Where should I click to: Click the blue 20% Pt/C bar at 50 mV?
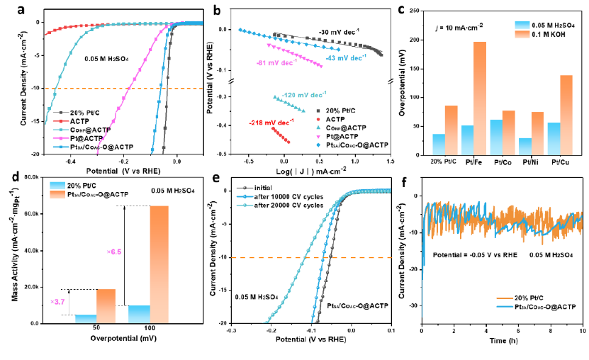[x=86, y=319]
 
